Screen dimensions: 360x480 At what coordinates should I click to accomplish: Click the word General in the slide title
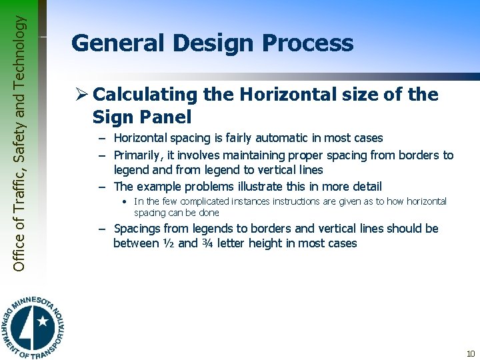point(116,43)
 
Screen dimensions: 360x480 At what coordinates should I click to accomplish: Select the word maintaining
point(235,155)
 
